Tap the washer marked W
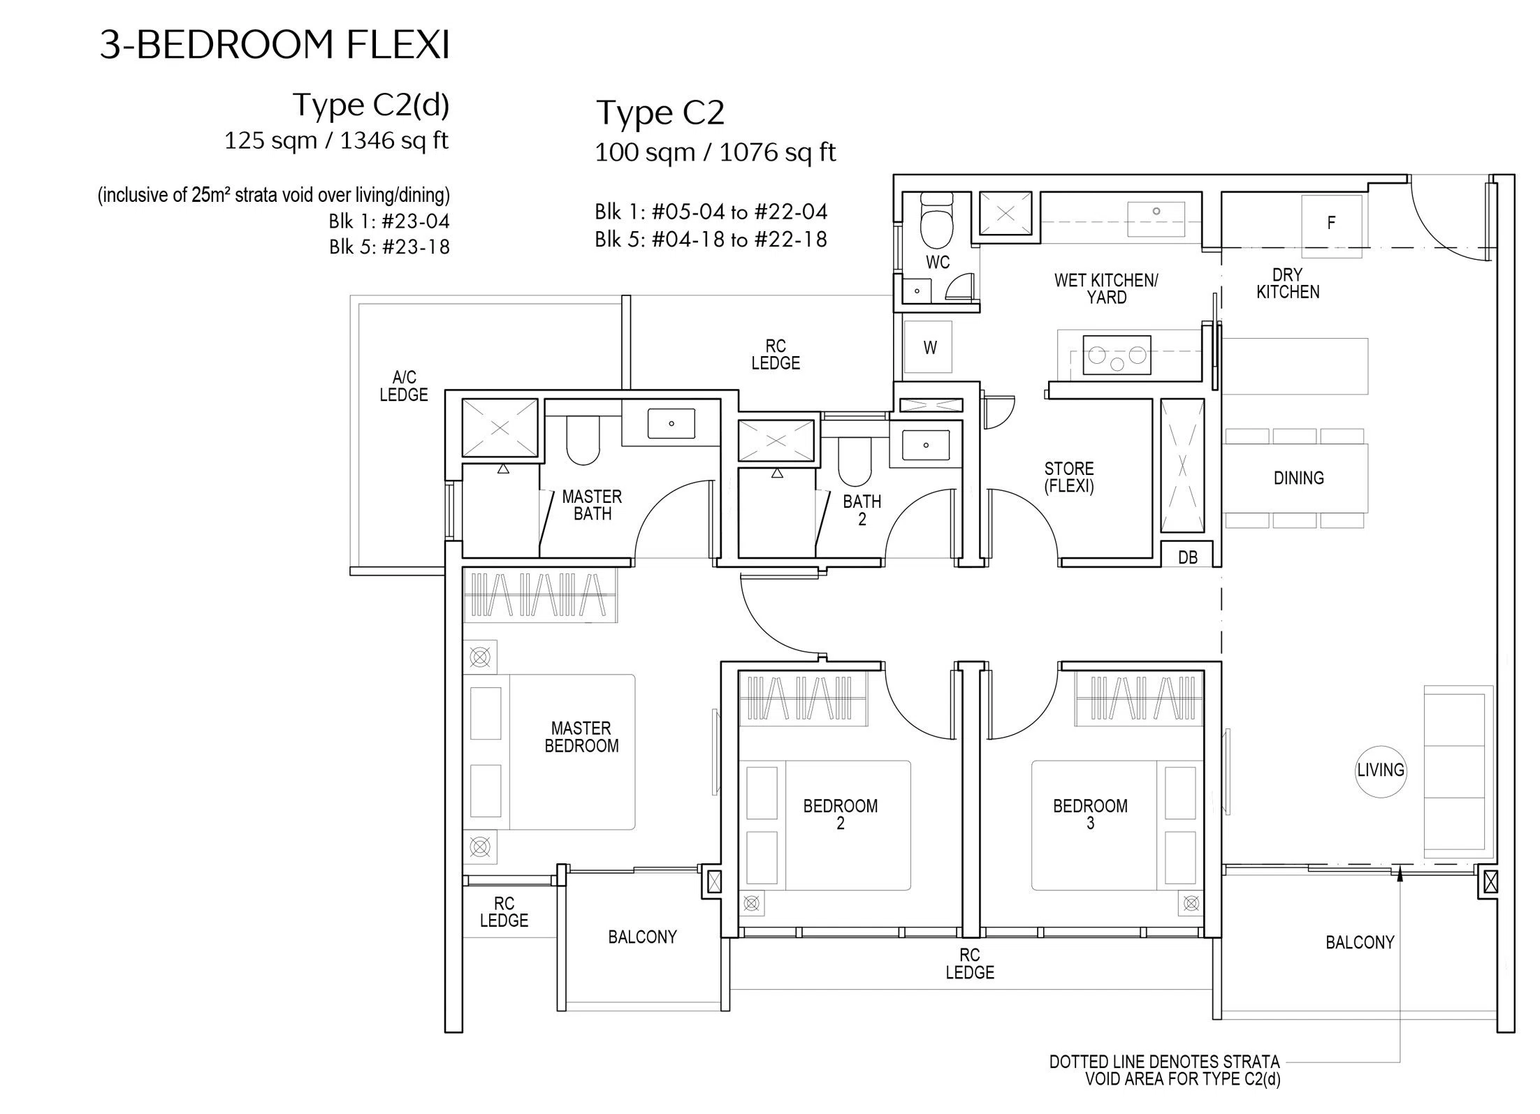coord(929,348)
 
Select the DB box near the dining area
coord(1188,556)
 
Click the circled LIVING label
coord(1380,770)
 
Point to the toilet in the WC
coord(936,221)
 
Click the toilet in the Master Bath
coord(583,441)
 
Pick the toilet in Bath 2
coord(854,462)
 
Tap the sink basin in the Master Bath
coord(671,423)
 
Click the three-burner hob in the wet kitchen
coord(1117,356)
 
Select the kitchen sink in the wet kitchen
coord(1156,213)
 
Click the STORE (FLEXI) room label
coord(1069,478)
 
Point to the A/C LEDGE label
coord(404,386)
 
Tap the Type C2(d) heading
coord(370,105)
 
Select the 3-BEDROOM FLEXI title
coord(275,45)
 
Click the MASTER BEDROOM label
coord(581,738)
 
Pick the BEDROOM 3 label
coord(1090,814)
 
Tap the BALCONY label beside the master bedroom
coord(642,937)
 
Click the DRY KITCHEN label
coord(1288,284)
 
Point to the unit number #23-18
coord(416,247)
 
